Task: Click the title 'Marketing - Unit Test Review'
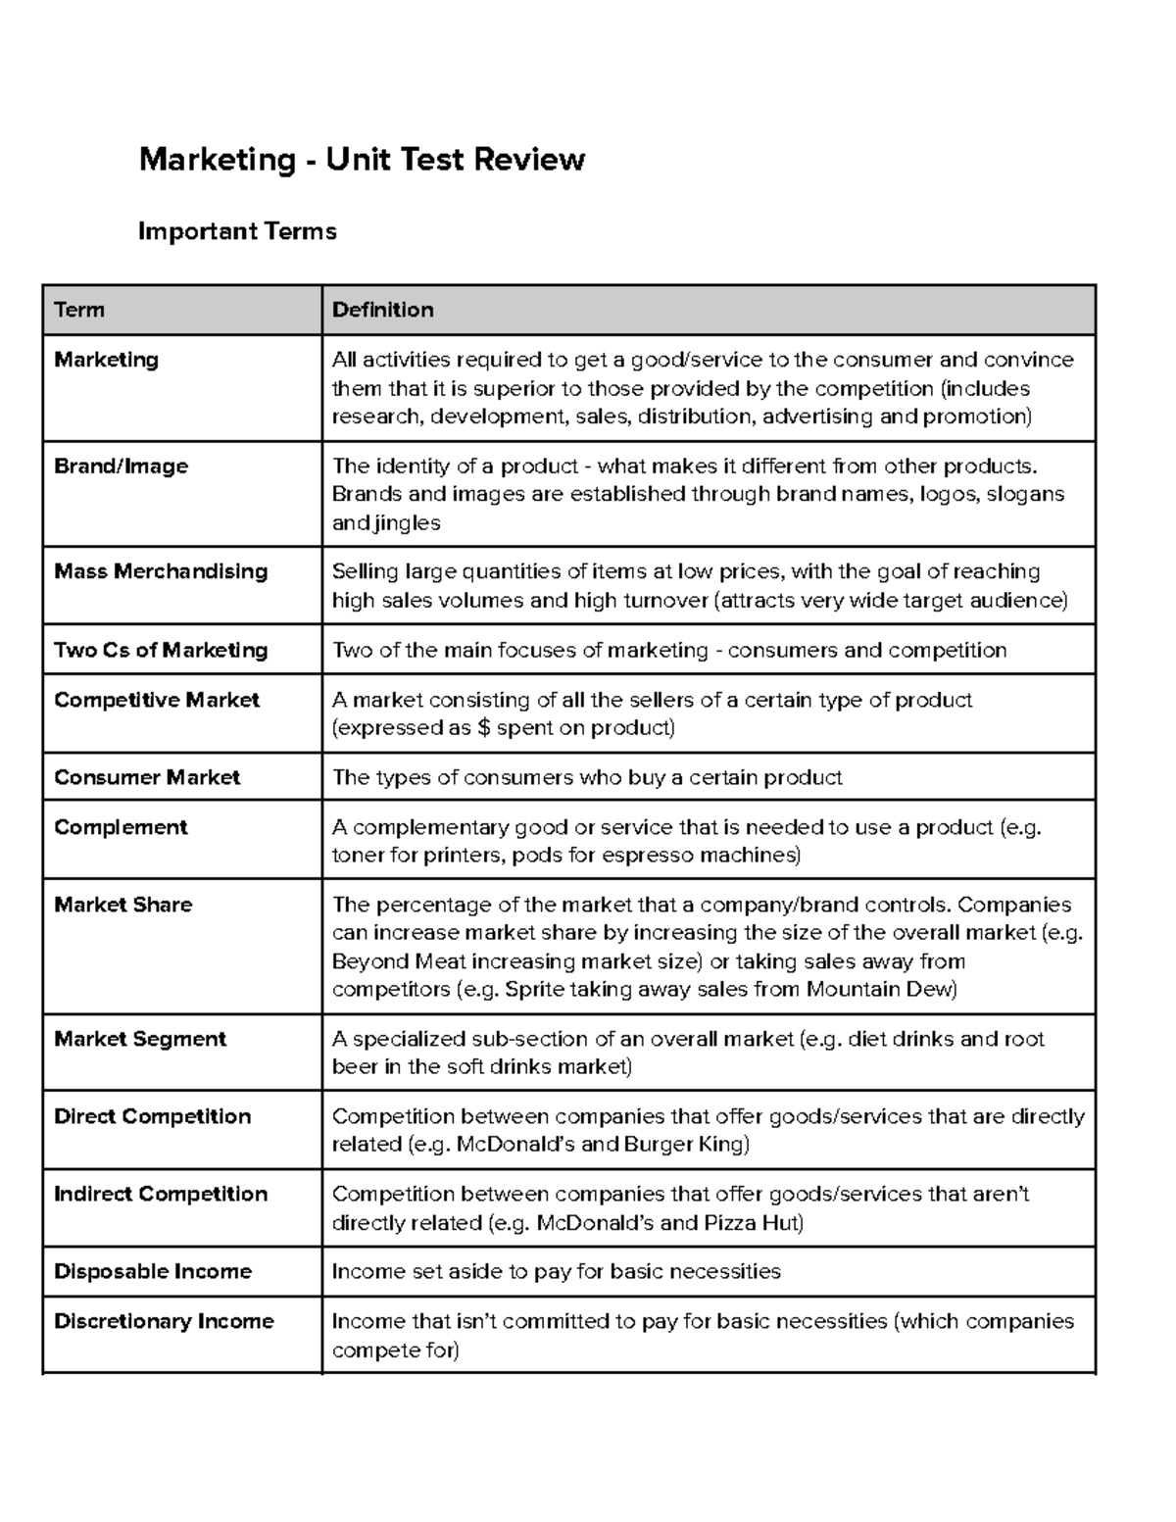(x=362, y=159)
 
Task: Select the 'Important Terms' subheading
(x=237, y=231)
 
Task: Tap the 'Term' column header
(x=79, y=310)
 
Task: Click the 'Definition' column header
(x=382, y=310)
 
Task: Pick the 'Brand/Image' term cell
(x=121, y=466)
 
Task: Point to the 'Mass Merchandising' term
(x=161, y=571)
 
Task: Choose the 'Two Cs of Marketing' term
(x=161, y=650)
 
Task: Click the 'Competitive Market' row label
(x=157, y=700)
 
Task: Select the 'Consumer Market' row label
(x=147, y=777)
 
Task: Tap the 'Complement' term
(x=121, y=827)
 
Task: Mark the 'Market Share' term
(x=123, y=905)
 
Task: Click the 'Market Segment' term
(x=140, y=1039)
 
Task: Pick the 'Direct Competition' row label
(x=152, y=1116)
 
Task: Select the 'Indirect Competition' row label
(x=161, y=1194)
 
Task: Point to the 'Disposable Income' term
(x=153, y=1271)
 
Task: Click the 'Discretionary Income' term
(x=164, y=1321)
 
